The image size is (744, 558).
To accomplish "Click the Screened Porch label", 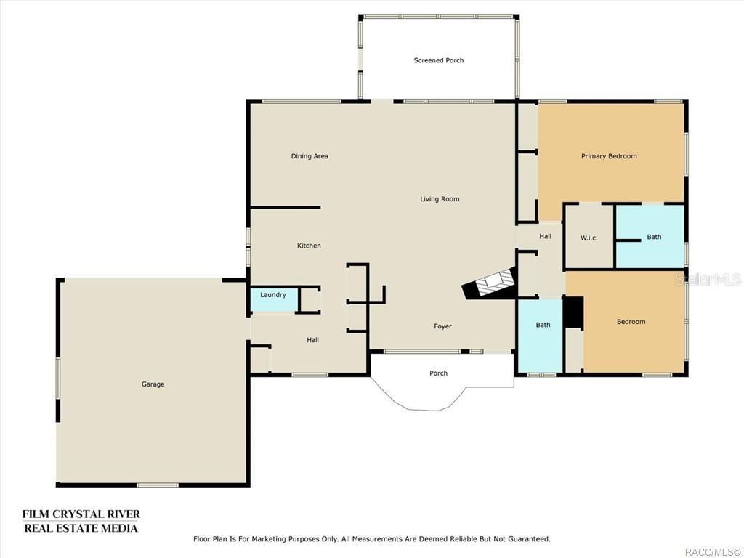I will point(439,60).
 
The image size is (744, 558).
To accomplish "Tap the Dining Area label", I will point(310,156).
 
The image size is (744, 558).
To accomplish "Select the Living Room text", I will point(440,199).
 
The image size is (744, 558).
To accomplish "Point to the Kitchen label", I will point(309,246).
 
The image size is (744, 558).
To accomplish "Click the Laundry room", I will point(273,295).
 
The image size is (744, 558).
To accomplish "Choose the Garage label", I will point(153,384).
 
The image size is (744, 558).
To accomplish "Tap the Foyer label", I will point(442,326).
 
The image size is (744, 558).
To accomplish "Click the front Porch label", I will point(438,373).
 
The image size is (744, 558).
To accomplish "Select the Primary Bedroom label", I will point(609,156).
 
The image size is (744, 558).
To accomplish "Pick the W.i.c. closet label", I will point(589,238).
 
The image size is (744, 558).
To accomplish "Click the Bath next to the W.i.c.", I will point(654,237).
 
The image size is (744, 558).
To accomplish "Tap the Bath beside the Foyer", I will point(543,325).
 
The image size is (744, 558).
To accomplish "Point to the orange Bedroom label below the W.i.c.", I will point(631,322).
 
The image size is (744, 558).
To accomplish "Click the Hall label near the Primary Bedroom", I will point(545,236).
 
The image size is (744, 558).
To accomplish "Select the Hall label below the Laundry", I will point(312,340).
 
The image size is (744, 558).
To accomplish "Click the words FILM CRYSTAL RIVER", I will point(81,514).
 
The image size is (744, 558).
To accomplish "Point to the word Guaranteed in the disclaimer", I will point(524,539).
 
